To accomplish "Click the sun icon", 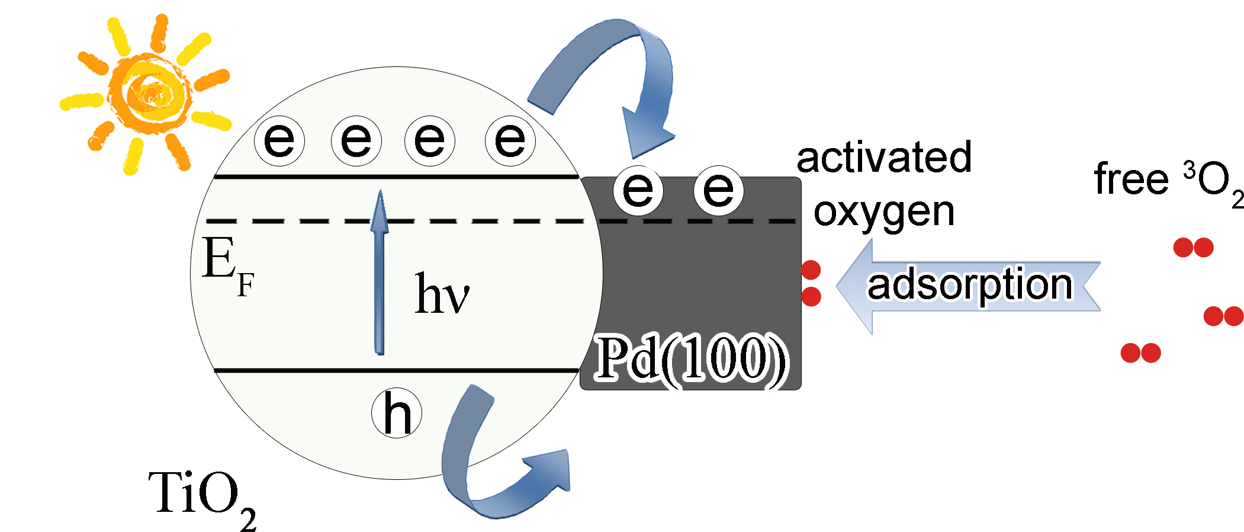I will coord(148,95).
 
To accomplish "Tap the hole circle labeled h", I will coord(397,414).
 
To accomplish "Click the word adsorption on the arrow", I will coord(970,286).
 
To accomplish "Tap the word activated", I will coord(884,157).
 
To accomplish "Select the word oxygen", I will coord(884,212).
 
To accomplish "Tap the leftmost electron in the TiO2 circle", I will coord(279,141).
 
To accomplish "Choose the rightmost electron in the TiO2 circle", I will coord(510,141).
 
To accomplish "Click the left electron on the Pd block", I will coord(638,190).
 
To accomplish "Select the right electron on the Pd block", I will coord(718,190).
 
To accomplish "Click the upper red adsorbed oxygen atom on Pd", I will coord(811,270).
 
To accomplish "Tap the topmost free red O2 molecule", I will coord(1193,247).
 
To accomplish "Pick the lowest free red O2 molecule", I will coord(1140,353).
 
